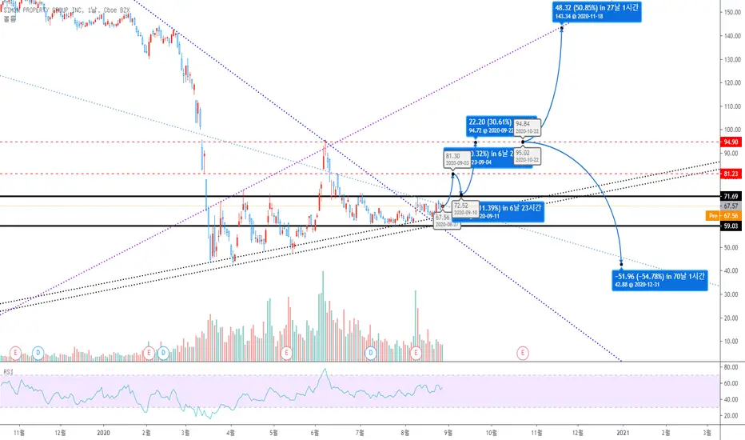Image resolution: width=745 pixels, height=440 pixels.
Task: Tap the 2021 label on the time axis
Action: coord(623,431)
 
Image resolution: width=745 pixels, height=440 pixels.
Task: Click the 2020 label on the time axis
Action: coord(102,431)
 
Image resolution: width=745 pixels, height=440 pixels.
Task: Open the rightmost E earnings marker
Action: coord(523,351)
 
